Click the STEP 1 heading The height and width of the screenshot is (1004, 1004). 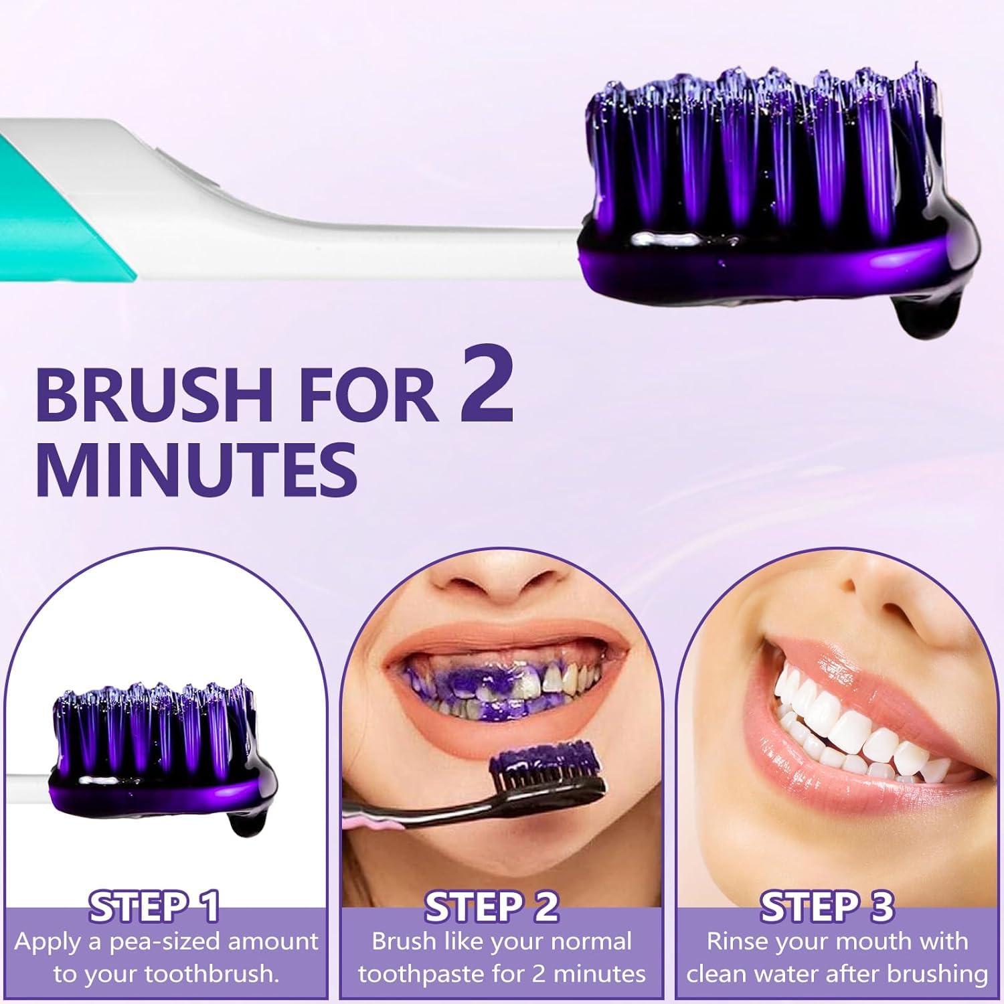(155, 907)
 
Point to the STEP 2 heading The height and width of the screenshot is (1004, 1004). (492, 907)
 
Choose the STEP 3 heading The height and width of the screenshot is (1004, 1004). (827, 907)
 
